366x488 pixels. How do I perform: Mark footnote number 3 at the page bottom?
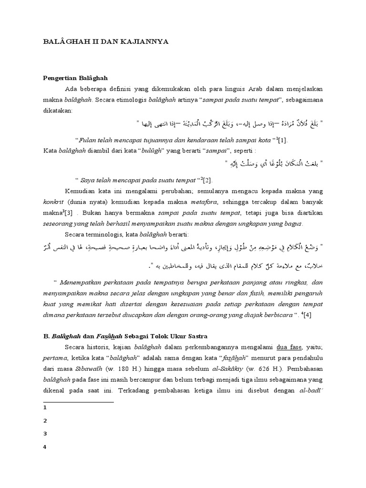click(x=44, y=434)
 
